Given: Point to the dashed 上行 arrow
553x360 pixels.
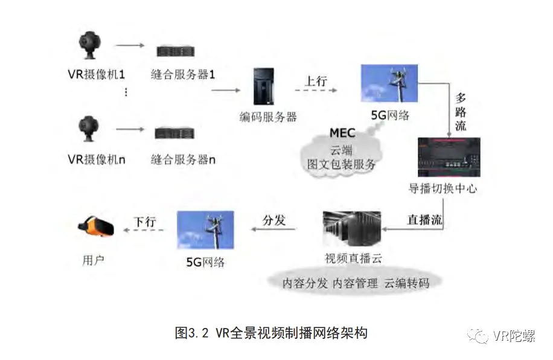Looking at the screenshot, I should click(316, 91).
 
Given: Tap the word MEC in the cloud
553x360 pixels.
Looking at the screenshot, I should click(342, 133).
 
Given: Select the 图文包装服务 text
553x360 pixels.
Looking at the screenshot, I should click(342, 164).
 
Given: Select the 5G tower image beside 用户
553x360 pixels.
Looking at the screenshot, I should click(205, 230).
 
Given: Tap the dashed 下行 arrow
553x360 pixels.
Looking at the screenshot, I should click(144, 230).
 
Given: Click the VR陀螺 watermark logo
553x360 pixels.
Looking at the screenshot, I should click(482, 336).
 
